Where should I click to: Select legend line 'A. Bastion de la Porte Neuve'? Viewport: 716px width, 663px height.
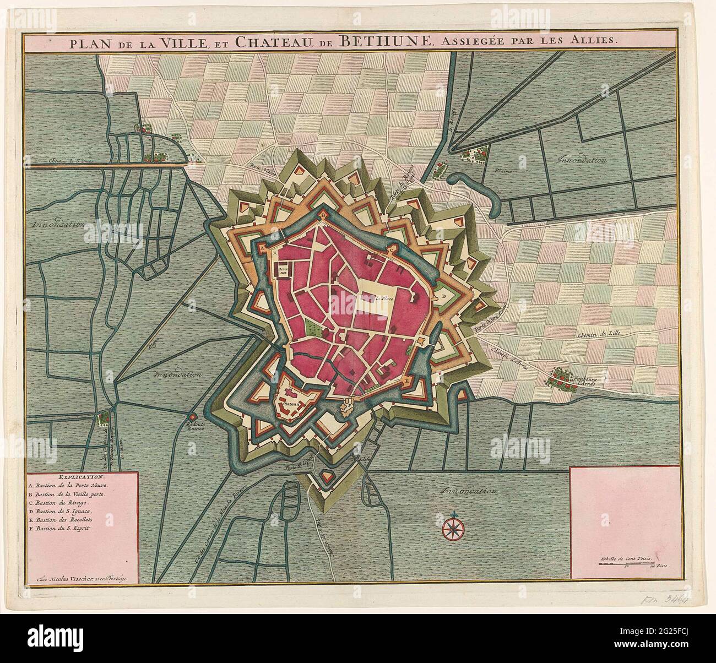pos(70,486)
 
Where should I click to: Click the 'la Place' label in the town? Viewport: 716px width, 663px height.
pos(378,298)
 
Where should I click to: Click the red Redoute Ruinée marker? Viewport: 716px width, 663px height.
pos(192,416)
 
